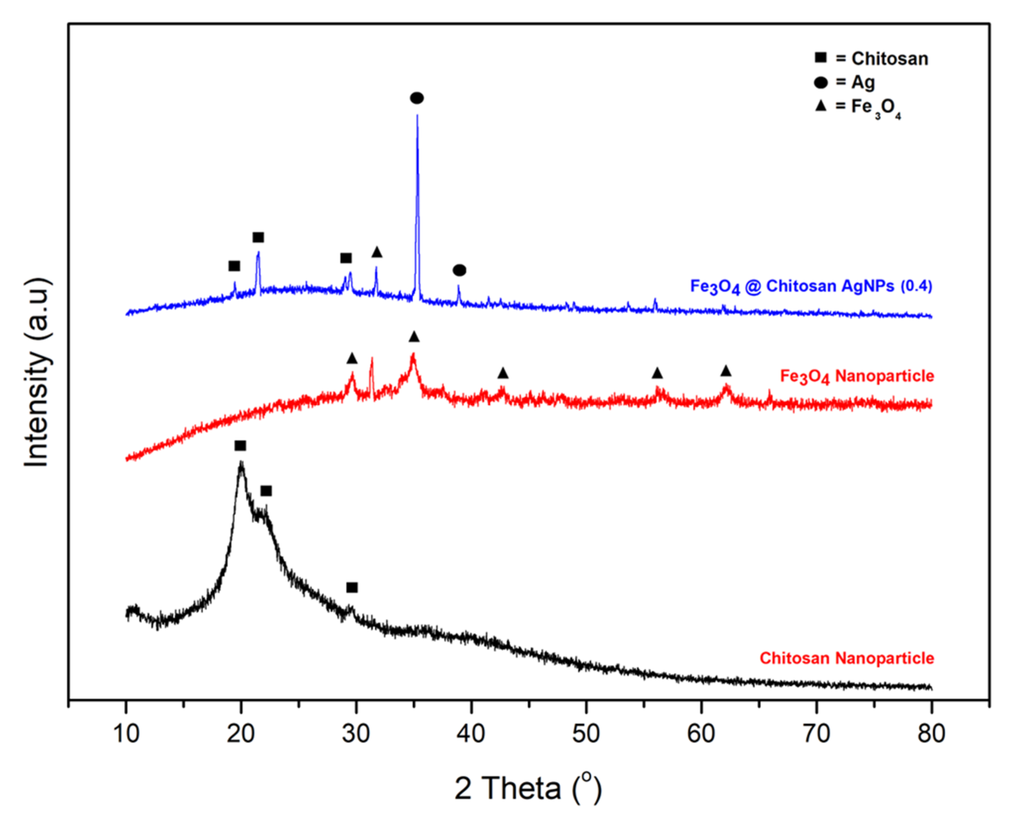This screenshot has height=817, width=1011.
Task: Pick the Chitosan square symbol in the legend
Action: pos(821,58)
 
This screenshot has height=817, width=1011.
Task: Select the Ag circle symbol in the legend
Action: pos(821,83)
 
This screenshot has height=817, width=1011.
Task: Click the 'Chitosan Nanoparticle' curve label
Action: pos(847,658)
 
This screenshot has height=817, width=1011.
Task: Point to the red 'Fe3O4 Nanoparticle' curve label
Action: pos(857,376)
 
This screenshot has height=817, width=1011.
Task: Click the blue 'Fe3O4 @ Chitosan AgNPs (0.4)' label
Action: pos(811,286)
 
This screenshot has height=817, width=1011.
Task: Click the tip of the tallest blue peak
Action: pos(417,116)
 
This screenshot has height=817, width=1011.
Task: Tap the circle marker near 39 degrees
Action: pos(460,270)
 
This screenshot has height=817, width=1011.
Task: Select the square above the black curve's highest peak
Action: pos(241,446)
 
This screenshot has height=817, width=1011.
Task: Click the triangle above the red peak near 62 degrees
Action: pos(726,371)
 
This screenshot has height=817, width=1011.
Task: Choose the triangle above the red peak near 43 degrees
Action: pos(503,373)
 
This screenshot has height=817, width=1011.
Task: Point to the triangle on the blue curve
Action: pos(377,252)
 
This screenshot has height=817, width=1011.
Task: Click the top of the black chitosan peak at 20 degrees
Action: pos(241,464)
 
